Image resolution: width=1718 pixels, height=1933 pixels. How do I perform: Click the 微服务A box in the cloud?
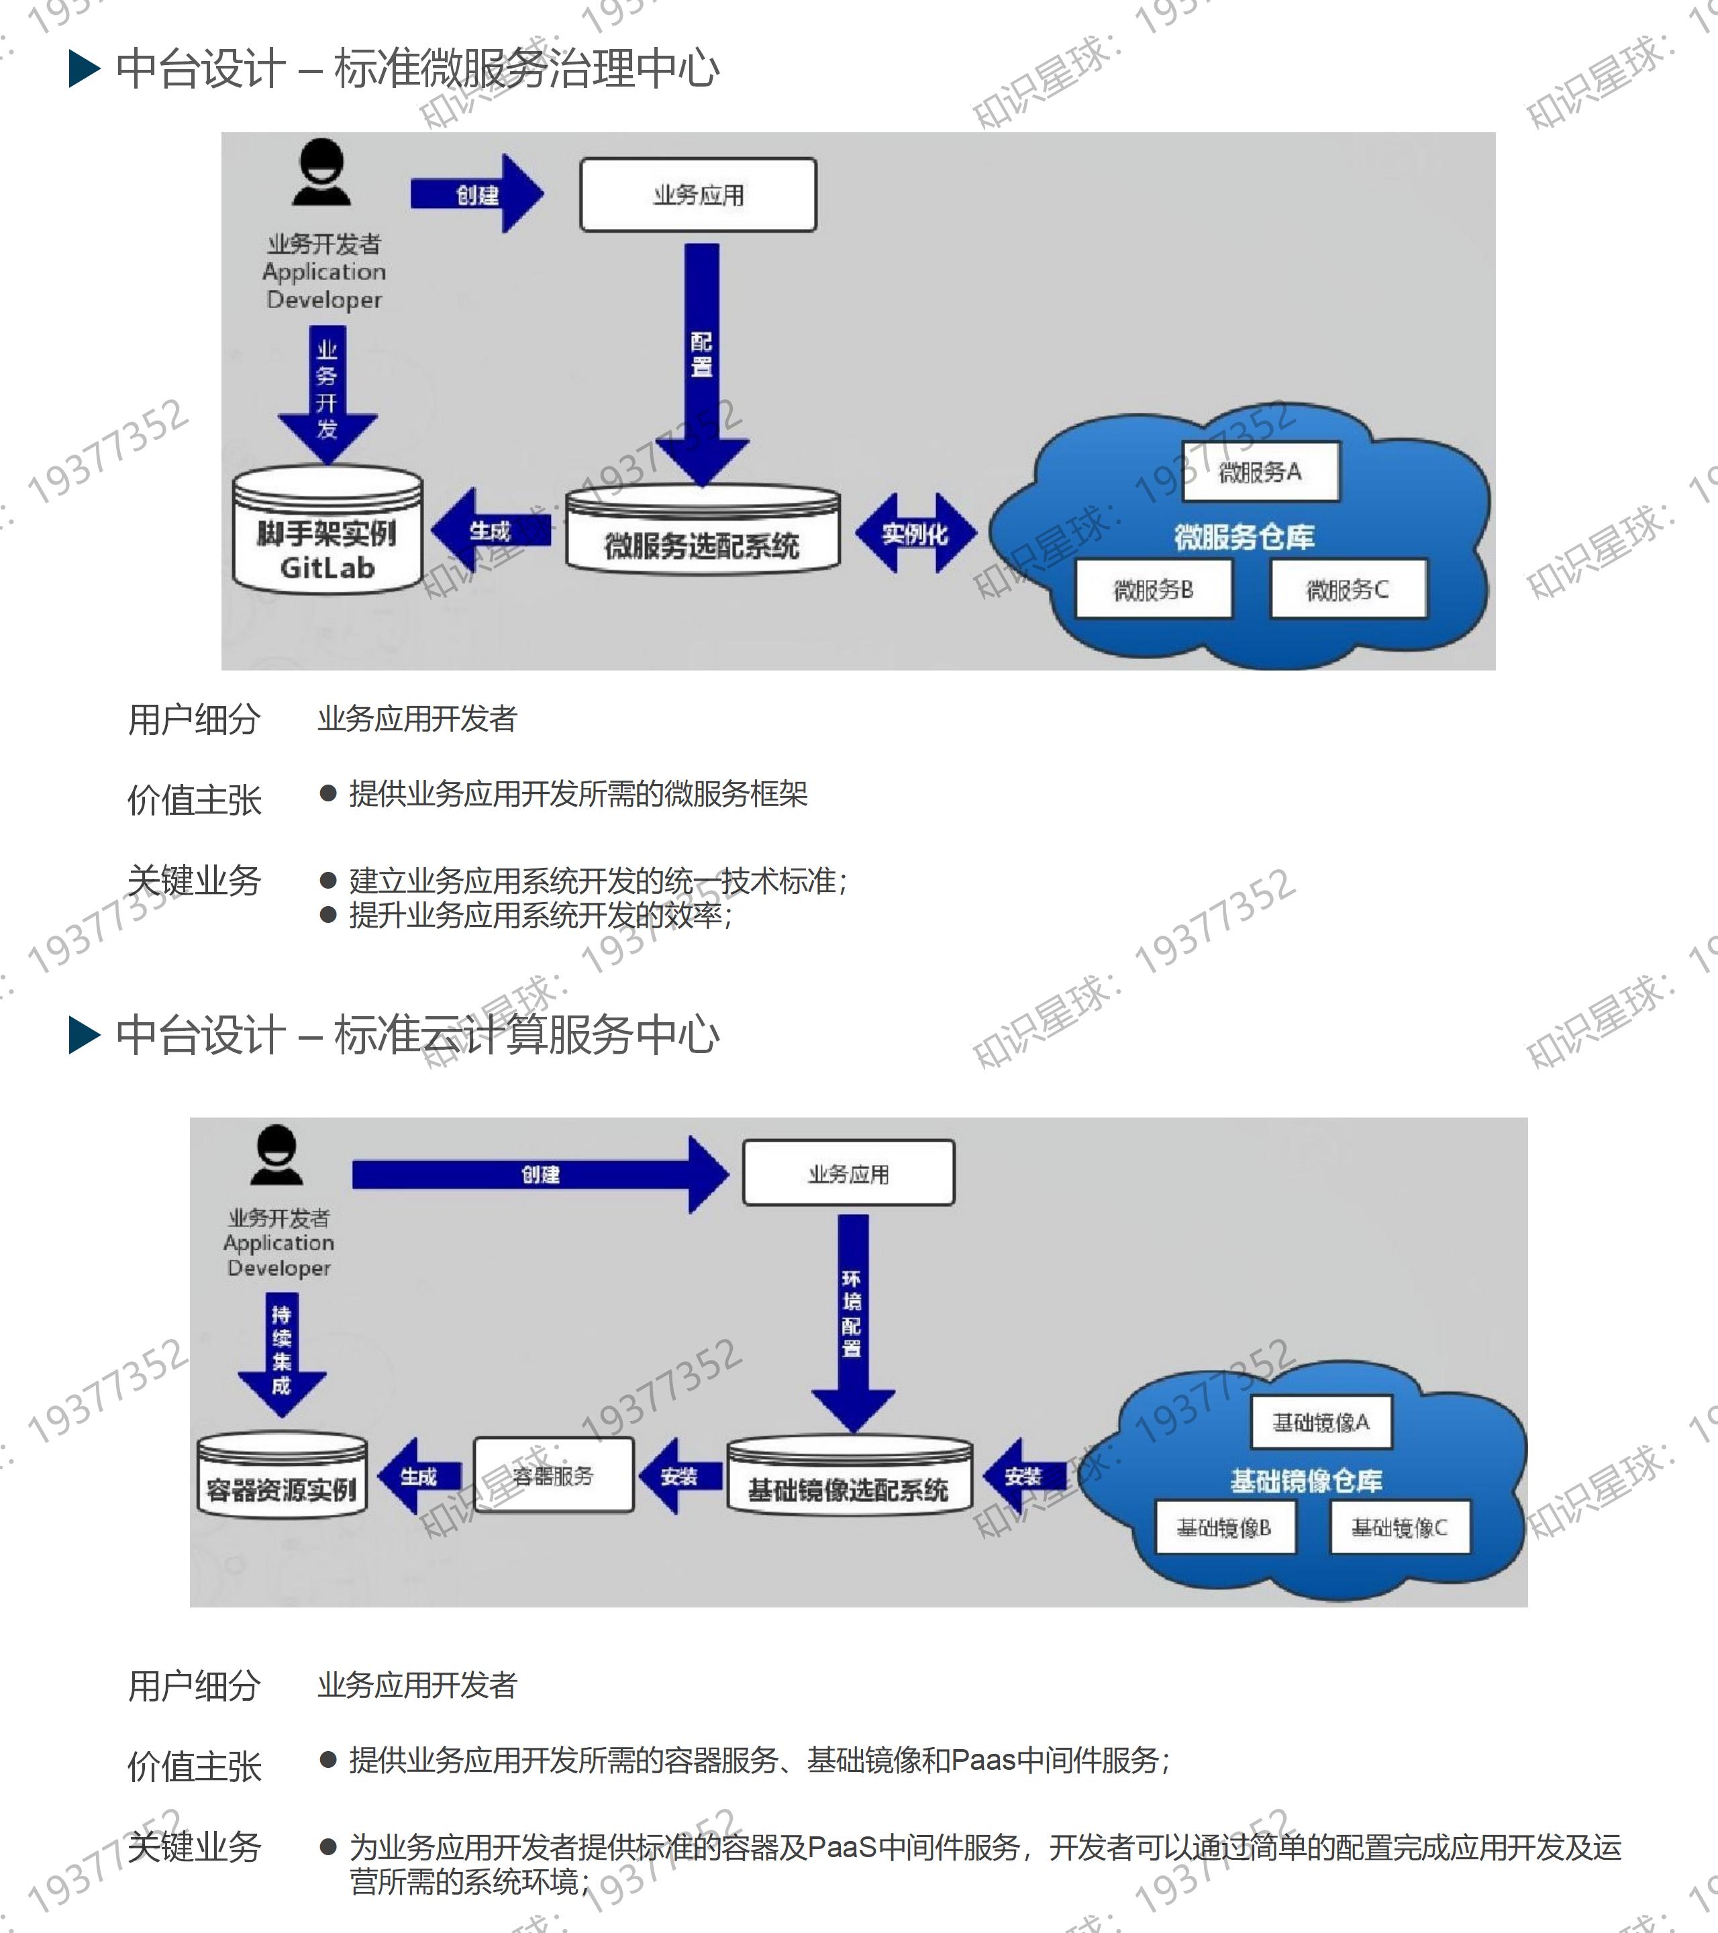tap(1260, 471)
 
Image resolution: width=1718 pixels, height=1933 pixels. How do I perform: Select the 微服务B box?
tap(1154, 589)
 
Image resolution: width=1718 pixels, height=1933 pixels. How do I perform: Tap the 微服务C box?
tap(1348, 589)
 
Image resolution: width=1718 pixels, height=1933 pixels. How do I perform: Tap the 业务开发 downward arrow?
tap(327, 393)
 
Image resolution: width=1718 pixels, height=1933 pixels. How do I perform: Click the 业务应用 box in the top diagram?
tap(698, 195)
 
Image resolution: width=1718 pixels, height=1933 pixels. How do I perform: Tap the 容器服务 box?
tap(553, 1476)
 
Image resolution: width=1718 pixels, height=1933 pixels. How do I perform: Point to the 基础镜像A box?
tap(1321, 1422)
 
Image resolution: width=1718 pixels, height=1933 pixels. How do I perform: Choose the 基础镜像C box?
tap(1399, 1528)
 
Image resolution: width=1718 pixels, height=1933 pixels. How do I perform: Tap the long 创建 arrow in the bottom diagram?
tap(539, 1175)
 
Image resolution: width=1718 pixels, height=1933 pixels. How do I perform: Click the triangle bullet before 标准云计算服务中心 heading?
tap(84, 1034)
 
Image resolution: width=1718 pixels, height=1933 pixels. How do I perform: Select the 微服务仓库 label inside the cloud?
tap(1244, 537)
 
